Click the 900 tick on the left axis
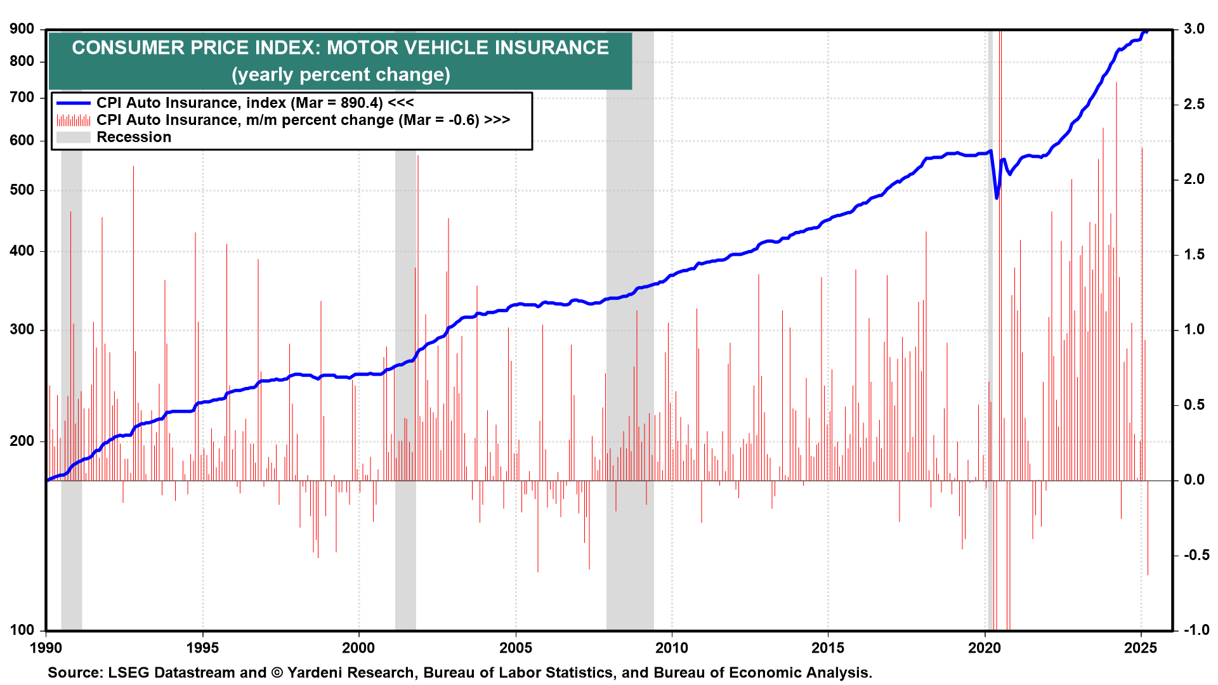tap(22, 29)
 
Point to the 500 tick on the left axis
tap(22, 190)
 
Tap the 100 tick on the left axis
tap(22, 630)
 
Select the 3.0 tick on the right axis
tap(1194, 29)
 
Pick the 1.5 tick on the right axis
tap(1194, 254)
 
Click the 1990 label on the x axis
tap(46, 648)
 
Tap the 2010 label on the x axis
tap(672, 648)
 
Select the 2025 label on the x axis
tap(1141, 648)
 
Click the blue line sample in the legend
tap(73, 103)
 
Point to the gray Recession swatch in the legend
tap(73, 137)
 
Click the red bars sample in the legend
tap(73, 120)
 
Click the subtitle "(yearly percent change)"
tap(341, 75)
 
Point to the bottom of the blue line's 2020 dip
tap(997, 198)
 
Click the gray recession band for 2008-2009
tap(629, 381)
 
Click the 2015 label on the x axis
tap(828, 648)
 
